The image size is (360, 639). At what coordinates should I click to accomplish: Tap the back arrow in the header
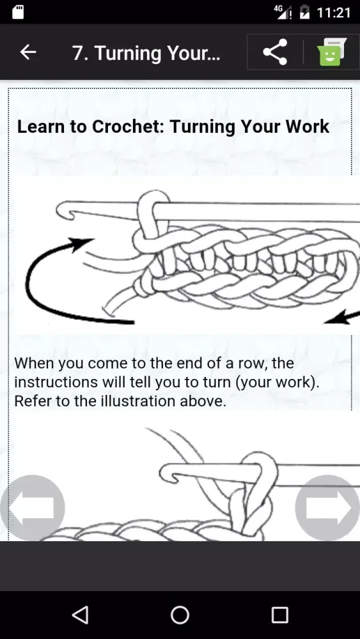27,52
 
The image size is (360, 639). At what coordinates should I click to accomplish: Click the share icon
275,52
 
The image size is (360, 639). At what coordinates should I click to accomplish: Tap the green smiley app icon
331,52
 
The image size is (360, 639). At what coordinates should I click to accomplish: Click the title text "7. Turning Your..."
146,53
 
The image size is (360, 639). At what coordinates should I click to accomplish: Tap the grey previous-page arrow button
33,508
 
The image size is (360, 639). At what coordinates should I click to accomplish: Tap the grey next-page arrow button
327,508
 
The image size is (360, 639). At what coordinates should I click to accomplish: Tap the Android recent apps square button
280,615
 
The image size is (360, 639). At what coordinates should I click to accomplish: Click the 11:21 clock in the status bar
334,13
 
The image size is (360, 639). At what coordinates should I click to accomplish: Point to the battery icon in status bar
304,12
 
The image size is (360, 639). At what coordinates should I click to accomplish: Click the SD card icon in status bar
18,12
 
